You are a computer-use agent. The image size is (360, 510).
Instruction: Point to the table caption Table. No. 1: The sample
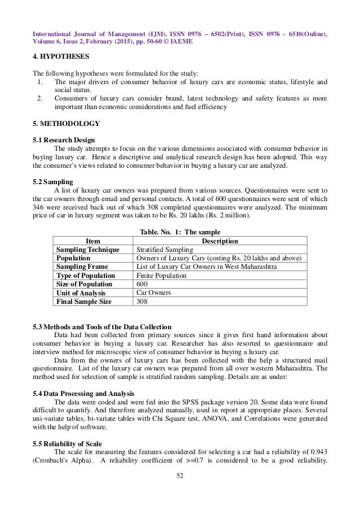[x=179, y=232]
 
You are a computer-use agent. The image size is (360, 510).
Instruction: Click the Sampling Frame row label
[x=83, y=267]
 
